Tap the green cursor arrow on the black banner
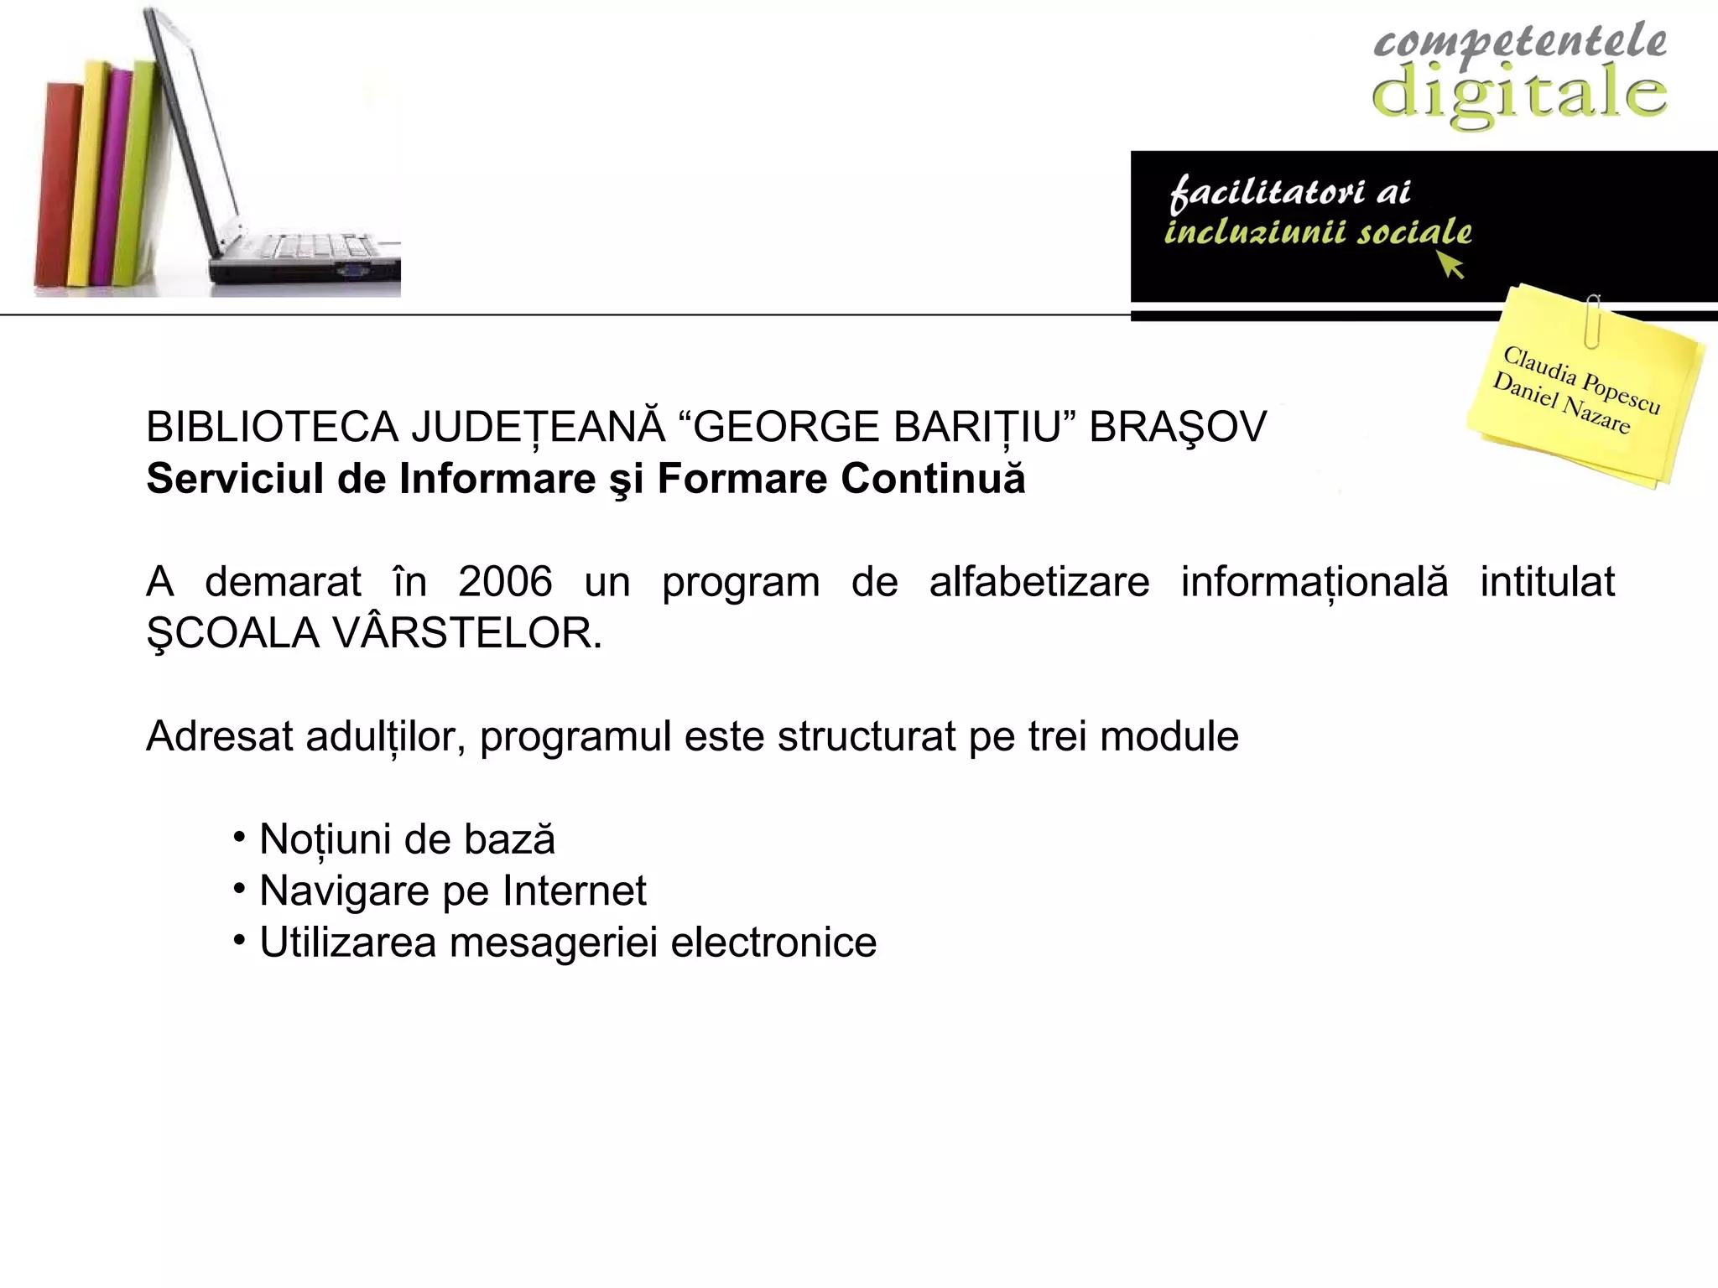(1451, 266)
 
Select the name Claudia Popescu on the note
(1581, 379)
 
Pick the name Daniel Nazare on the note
(1561, 403)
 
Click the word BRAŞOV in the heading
(1177, 428)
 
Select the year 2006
(505, 582)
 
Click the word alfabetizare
(1039, 582)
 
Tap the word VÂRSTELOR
(468, 633)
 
